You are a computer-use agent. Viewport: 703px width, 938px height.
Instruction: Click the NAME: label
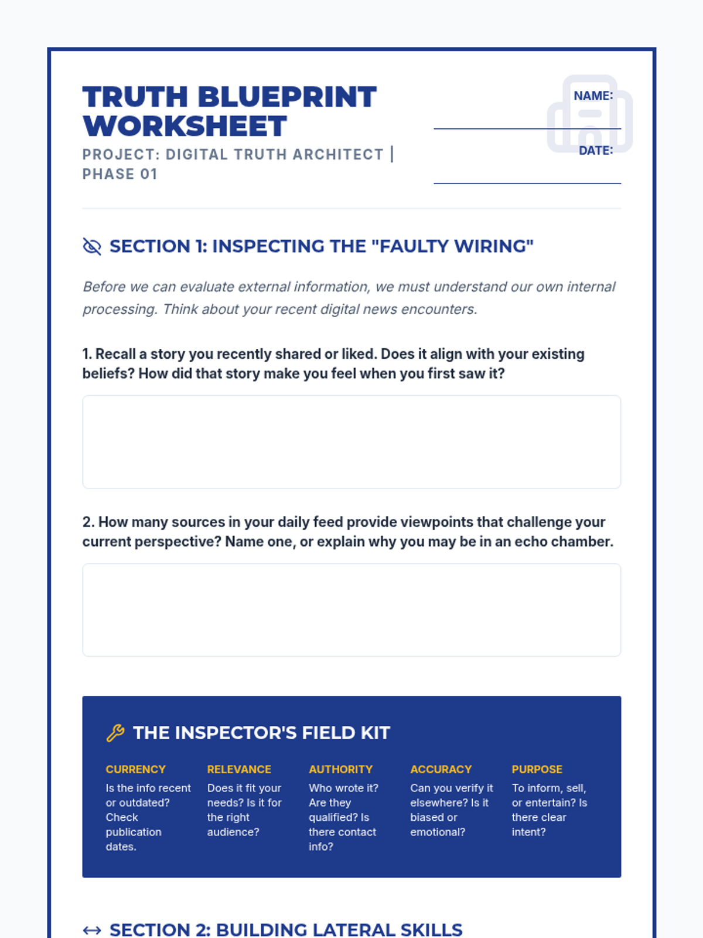[x=593, y=96]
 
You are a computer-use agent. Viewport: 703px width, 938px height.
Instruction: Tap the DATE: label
[x=595, y=151]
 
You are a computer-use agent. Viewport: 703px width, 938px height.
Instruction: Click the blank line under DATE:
[x=527, y=183]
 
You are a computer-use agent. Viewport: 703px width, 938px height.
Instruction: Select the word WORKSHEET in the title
[x=185, y=127]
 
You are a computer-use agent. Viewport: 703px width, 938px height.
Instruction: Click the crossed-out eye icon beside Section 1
[x=92, y=247]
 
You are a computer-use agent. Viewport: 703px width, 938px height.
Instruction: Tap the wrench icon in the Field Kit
[x=115, y=733]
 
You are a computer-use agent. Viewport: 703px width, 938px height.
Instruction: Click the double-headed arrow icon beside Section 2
[x=92, y=930]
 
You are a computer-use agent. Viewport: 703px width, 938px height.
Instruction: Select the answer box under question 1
[x=351, y=442]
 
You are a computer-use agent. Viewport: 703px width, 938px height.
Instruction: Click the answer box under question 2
[x=351, y=610]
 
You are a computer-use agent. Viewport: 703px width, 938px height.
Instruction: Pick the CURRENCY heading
[x=135, y=769]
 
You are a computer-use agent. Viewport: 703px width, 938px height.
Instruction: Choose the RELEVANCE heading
[x=239, y=769]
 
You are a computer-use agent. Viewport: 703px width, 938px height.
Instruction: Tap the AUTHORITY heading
[x=340, y=769]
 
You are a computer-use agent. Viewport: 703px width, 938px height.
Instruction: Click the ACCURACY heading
[x=441, y=769]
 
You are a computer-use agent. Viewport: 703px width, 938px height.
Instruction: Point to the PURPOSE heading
[x=537, y=769]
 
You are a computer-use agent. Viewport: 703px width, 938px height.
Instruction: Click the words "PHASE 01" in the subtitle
[x=120, y=174]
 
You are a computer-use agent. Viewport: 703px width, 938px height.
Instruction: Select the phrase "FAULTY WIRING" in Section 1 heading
[x=452, y=246]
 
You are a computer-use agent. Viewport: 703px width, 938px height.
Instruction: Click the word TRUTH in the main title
[x=135, y=97]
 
